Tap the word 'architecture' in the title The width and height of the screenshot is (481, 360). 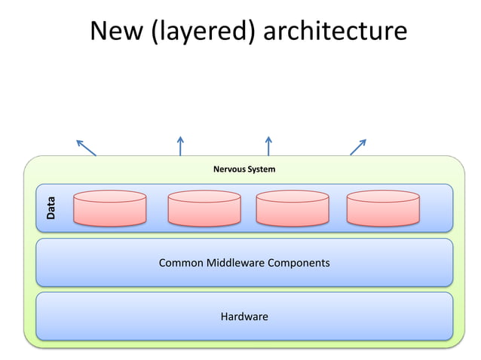335,31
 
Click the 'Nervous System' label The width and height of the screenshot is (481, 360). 244,169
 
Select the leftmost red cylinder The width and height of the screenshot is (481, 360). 109,209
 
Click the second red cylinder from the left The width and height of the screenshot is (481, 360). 204,209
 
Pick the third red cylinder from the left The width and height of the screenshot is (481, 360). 293,209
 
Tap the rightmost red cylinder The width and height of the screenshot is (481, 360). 383,209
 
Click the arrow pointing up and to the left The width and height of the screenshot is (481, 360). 86,147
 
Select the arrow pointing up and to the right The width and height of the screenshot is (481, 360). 358,147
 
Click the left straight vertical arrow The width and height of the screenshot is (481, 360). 180,145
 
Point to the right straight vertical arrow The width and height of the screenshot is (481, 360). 268,145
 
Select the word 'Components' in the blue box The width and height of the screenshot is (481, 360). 299,264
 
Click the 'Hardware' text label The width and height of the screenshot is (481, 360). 244,317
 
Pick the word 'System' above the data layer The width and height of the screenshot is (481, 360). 261,169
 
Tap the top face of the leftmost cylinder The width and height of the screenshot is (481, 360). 109,197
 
